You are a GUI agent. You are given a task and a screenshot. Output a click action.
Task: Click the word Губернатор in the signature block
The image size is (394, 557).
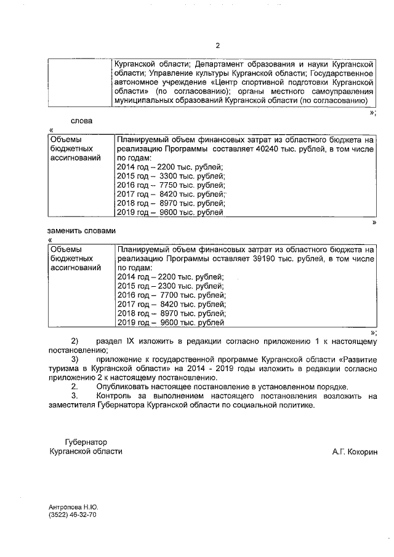click(86, 442)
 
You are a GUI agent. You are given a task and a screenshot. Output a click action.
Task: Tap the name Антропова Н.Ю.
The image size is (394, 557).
click(73, 507)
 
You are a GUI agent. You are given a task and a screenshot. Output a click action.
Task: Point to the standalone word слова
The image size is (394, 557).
click(81, 120)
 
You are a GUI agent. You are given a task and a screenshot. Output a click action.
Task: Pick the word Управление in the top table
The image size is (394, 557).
click(169, 73)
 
